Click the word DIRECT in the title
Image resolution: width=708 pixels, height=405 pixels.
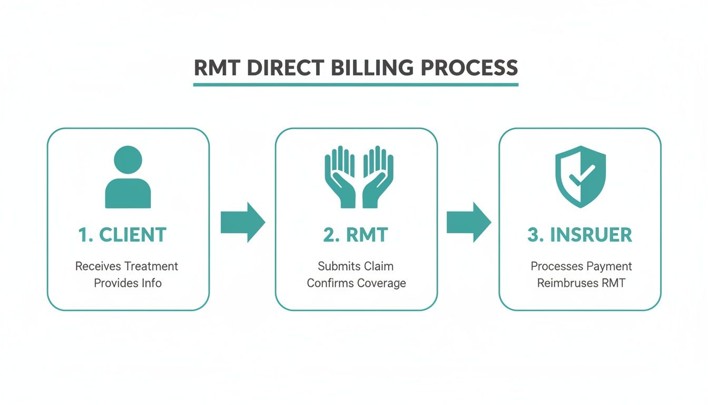pos(284,69)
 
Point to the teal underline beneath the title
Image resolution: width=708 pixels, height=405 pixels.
pos(356,84)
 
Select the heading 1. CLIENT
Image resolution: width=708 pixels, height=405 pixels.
pos(123,235)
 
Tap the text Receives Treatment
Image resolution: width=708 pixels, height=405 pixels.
pos(127,266)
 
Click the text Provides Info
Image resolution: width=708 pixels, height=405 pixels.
pos(127,283)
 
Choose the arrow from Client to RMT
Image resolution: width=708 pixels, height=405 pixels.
pos(242,222)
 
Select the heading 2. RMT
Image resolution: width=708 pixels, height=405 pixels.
pos(356,235)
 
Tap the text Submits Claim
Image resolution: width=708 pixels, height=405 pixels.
pos(356,266)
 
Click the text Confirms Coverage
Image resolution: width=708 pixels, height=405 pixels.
pos(356,283)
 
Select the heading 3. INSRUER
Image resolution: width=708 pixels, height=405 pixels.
pos(579,235)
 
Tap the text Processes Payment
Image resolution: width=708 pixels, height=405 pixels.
pos(581,266)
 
